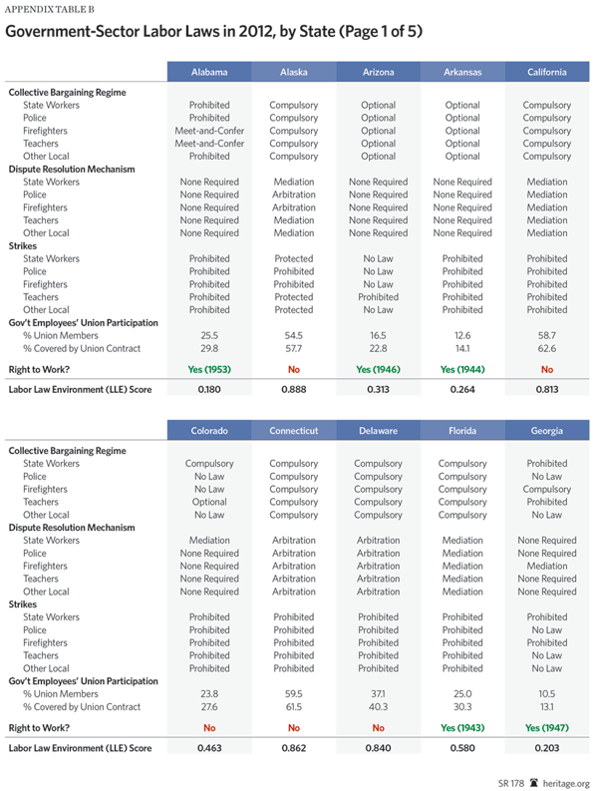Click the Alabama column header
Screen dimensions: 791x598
(x=209, y=72)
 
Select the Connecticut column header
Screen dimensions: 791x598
(x=294, y=431)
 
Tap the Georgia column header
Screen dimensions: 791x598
(x=547, y=431)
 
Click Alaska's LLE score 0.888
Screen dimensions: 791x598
(x=294, y=389)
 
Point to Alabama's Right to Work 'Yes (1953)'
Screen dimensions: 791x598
(x=209, y=369)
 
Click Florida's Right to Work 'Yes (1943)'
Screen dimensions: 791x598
(x=462, y=727)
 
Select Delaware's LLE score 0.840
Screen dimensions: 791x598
(x=378, y=747)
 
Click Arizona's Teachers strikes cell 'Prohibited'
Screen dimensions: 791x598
(x=378, y=297)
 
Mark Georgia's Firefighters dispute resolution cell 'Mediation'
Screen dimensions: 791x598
(x=547, y=566)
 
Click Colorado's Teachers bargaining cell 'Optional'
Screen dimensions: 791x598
(x=209, y=503)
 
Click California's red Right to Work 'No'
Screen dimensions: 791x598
(x=547, y=369)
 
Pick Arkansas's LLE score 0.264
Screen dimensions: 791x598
(x=462, y=389)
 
